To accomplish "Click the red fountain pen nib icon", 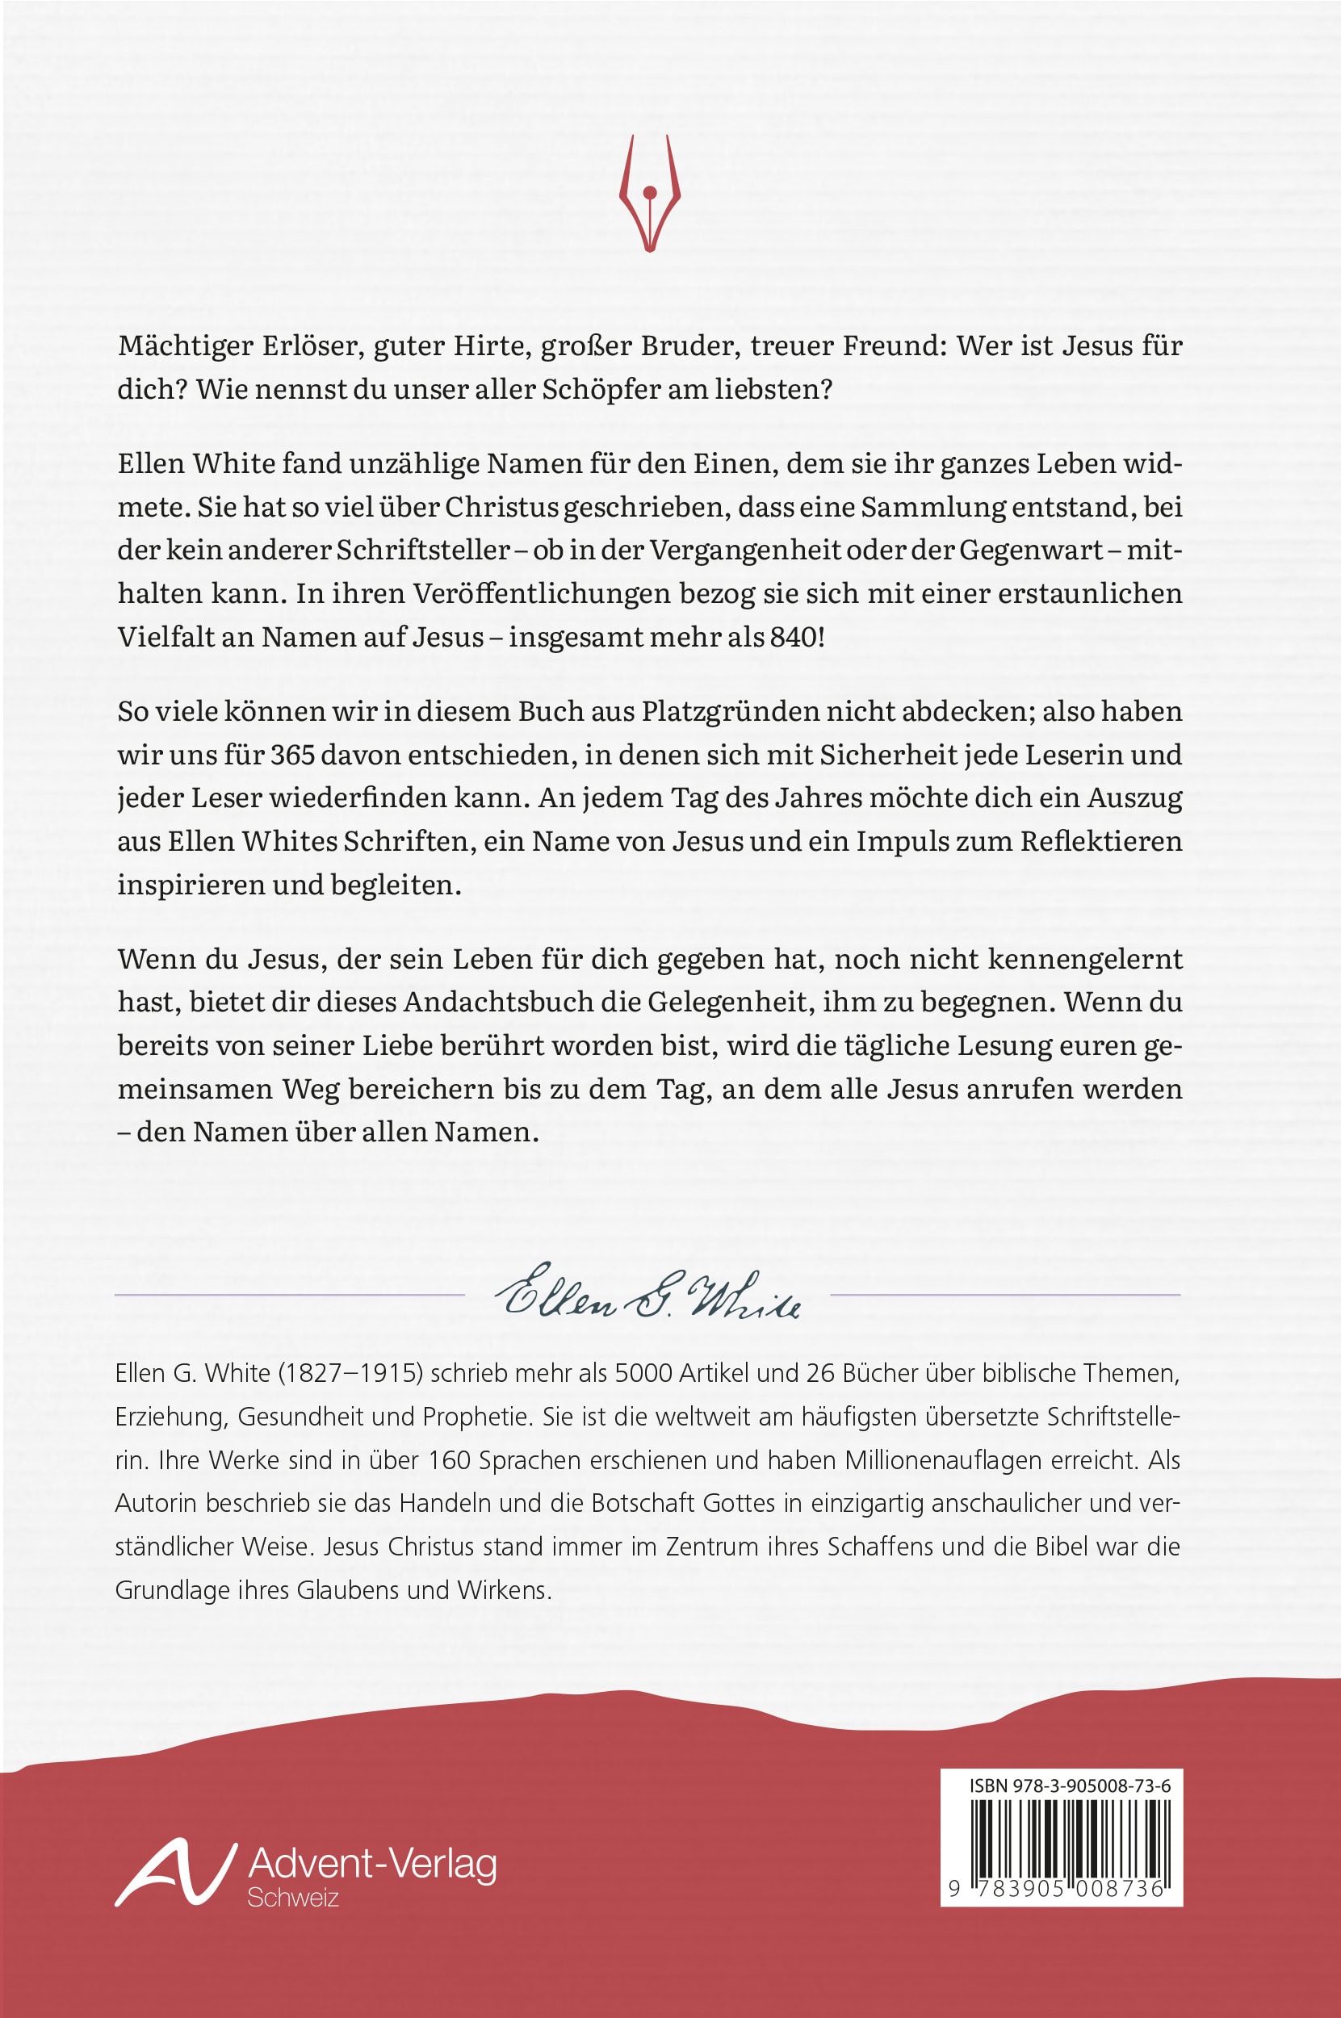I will click(x=649, y=193).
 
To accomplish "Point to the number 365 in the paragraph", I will click(x=293, y=755).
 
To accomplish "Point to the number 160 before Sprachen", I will click(x=450, y=1461).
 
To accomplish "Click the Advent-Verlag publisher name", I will click(x=372, y=1864).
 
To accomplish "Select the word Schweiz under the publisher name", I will click(x=292, y=1899).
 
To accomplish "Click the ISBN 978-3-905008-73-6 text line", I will click(x=1070, y=1786).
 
